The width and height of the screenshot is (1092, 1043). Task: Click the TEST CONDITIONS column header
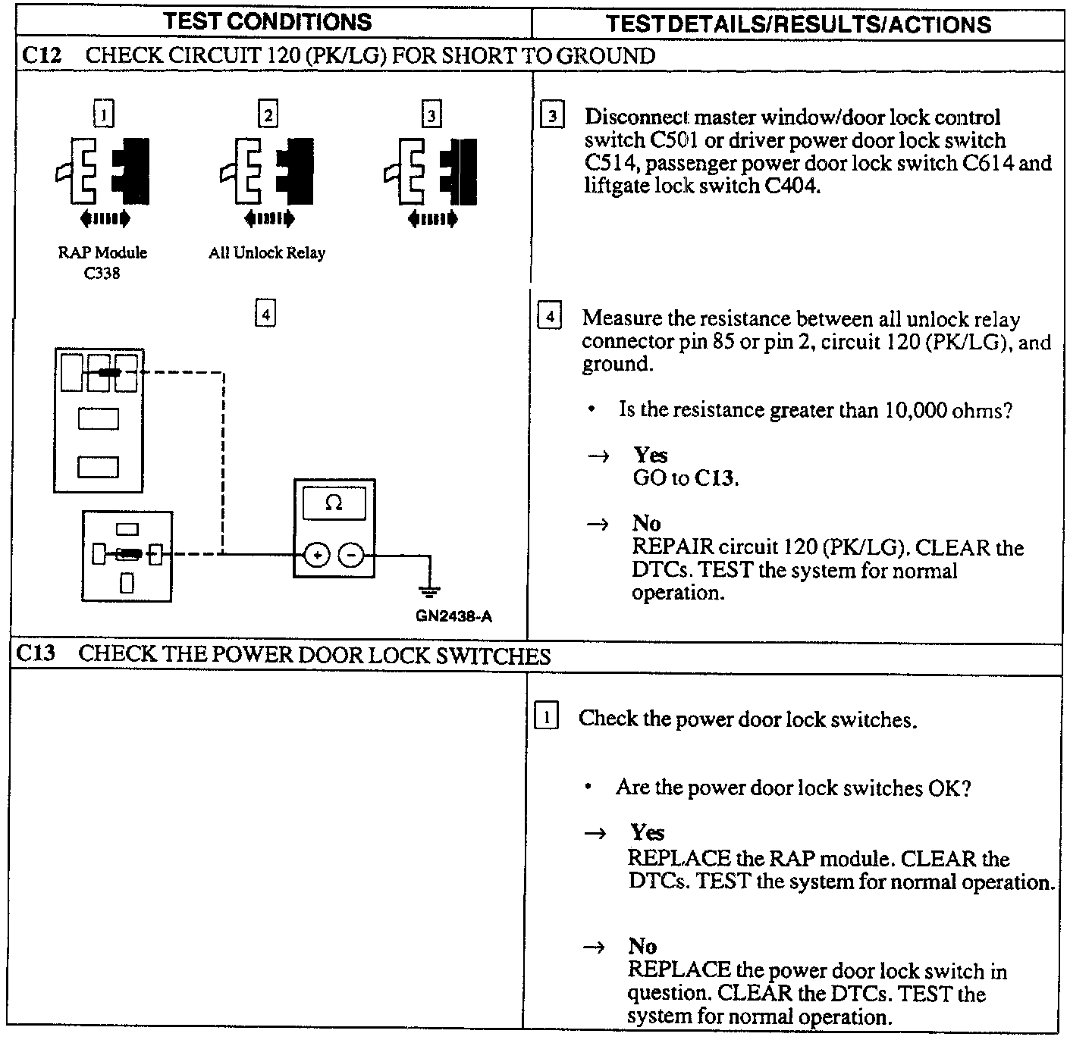tap(268, 21)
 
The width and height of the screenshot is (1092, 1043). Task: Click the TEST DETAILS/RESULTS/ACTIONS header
tap(799, 23)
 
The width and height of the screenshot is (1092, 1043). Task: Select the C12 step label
tap(41, 55)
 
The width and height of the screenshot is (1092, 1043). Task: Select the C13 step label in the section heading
tap(36, 653)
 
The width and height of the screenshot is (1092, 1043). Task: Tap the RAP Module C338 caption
tap(102, 262)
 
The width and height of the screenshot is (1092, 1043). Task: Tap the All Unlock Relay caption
tap(267, 253)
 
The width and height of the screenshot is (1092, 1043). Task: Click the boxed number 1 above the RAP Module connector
tap(103, 114)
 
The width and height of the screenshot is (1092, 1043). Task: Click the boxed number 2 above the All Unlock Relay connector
tap(268, 114)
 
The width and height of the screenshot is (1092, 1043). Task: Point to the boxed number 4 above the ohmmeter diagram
tap(265, 313)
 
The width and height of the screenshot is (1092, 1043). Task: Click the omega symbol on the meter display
tap(334, 503)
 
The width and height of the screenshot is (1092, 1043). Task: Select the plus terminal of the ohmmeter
tap(317, 556)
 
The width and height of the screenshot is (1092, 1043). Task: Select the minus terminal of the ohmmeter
tap(350, 556)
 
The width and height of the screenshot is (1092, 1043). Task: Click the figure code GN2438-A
tap(453, 616)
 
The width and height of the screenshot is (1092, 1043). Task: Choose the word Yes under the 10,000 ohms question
tap(651, 455)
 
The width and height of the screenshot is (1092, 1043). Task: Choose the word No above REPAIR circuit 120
tap(646, 523)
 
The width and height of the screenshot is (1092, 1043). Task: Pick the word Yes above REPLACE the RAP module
tap(647, 832)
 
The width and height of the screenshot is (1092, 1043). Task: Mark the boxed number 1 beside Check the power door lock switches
tap(547, 716)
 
